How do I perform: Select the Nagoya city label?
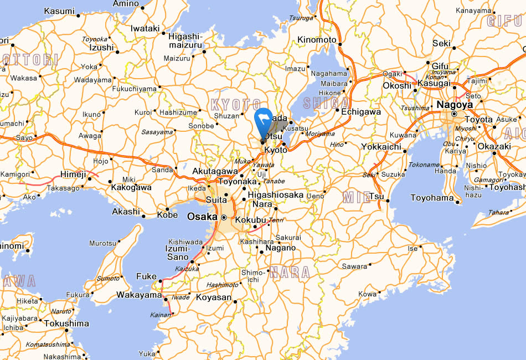tap(455, 104)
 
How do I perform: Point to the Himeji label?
tap(73, 174)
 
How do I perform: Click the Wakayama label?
tap(138, 295)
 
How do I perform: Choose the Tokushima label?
tap(66, 323)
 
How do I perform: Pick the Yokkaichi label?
tap(381, 147)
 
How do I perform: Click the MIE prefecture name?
tap(357, 197)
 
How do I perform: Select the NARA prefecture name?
tap(290, 272)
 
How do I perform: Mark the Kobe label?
tap(167, 215)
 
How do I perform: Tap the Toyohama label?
tap(432, 198)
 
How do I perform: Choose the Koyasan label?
tap(214, 297)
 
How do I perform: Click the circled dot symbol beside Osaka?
tap(224, 217)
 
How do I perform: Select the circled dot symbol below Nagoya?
tap(454, 114)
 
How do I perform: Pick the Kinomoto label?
tap(317, 40)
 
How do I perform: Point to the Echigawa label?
tap(361, 111)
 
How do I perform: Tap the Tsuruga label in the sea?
tap(301, 18)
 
